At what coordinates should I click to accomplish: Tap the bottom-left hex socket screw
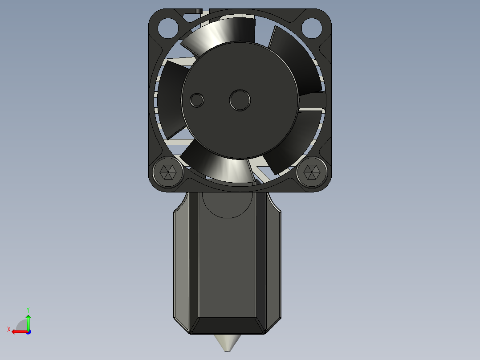click(167, 172)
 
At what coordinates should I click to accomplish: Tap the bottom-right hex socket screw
click(310, 172)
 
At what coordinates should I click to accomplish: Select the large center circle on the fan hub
click(240, 100)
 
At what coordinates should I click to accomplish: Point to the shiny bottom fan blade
click(223, 167)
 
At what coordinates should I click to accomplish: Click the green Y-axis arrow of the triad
click(28, 320)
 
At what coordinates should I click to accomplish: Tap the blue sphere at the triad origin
click(28, 331)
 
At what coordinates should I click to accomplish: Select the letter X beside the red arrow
click(8, 329)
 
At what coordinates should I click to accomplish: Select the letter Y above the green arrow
click(28, 309)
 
